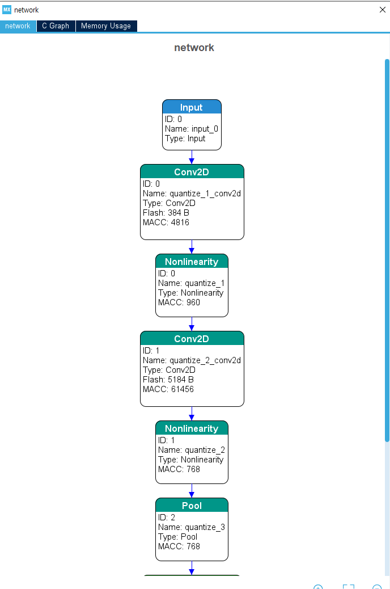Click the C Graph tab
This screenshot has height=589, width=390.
(x=56, y=26)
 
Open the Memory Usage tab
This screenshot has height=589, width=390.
(x=106, y=26)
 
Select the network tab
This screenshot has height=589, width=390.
(x=18, y=26)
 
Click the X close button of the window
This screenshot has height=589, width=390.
(x=383, y=10)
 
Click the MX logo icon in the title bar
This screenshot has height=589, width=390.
(x=7, y=10)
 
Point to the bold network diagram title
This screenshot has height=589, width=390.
(x=194, y=48)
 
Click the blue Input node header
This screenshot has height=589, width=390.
(x=192, y=107)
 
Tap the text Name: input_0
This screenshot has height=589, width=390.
(x=192, y=129)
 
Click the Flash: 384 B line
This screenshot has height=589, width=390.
(x=166, y=213)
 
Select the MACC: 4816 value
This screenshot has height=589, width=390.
(x=166, y=222)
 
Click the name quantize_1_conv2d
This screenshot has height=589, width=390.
(x=205, y=194)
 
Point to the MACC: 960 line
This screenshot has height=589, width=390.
(x=179, y=302)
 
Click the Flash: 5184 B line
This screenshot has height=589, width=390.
(x=168, y=380)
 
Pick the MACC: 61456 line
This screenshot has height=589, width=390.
(x=168, y=389)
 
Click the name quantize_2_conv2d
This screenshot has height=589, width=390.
(x=205, y=361)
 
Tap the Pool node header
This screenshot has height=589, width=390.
(x=192, y=505)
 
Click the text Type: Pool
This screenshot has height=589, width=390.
(x=177, y=537)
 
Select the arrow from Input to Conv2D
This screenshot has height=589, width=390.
(x=192, y=157)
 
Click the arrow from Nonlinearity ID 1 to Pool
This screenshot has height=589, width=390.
(x=192, y=491)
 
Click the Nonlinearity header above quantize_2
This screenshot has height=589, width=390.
(x=192, y=428)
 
